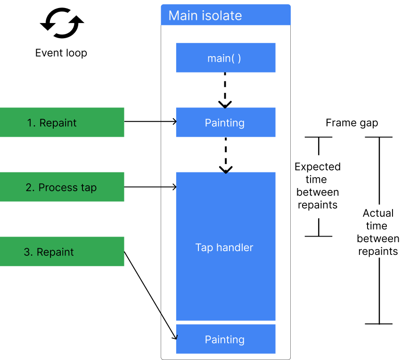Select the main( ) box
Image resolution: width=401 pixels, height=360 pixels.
(x=225, y=58)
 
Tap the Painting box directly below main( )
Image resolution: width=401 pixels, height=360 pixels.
(x=225, y=123)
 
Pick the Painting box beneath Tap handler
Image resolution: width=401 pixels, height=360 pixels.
(x=225, y=339)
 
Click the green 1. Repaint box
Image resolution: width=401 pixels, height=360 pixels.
(x=62, y=123)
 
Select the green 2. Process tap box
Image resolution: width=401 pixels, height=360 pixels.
(x=62, y=187)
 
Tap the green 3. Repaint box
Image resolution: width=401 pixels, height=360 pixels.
(x=62, y=252)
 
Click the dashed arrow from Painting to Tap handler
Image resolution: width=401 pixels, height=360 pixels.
(x=226, y=153)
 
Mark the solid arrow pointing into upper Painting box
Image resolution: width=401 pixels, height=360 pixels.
(x=169, y=122)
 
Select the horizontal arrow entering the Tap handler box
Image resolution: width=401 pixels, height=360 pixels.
(x=169, y=187)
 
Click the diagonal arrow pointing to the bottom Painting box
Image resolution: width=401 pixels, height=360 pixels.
(x=169, y=327)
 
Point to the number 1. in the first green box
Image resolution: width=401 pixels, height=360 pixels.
(x=32, y=123)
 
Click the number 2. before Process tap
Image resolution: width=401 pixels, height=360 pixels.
(x=30, y=188)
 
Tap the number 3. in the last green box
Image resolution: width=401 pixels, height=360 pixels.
(x=28, y=252)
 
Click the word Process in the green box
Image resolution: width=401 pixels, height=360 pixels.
(x=58, y=188)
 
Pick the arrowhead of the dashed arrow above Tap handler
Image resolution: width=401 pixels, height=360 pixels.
(x=226, y=169)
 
